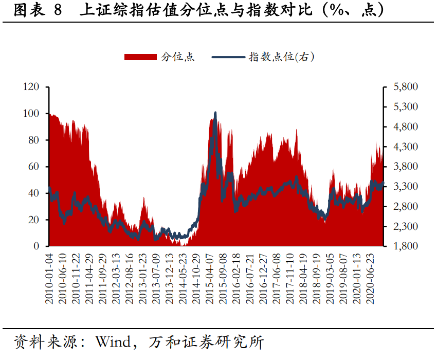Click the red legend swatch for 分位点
tap(140, 57)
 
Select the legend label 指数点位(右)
tap(281, 57)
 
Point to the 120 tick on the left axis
tap(31, 87)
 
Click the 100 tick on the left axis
tap(31, 114)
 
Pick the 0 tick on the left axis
tap(37, 246)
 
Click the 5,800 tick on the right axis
tap(406, 87)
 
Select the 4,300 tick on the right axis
tap(406, 147)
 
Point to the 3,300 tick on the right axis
tap(406, 187)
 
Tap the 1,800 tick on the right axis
tap(406, 246)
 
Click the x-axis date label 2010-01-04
tap(50, 278)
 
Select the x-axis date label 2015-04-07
tap(211, 278)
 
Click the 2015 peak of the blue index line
tap(215, 113)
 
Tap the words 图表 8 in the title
tap(37, 11)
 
